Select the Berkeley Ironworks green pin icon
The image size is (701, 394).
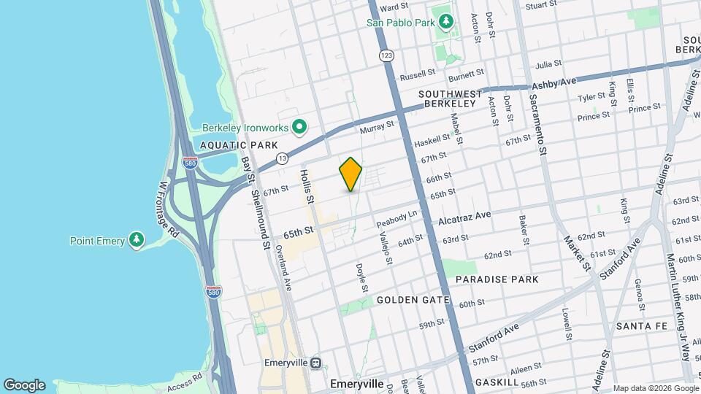(299, 128)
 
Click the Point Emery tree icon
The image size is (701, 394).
(136, 240)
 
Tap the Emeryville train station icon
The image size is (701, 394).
(315, 363)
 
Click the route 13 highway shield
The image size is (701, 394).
(283, 158)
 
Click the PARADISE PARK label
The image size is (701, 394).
(497, 279)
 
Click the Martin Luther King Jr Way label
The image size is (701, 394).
(678, 293)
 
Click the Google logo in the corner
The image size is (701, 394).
(24, 385)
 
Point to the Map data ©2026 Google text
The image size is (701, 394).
(656, 388)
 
